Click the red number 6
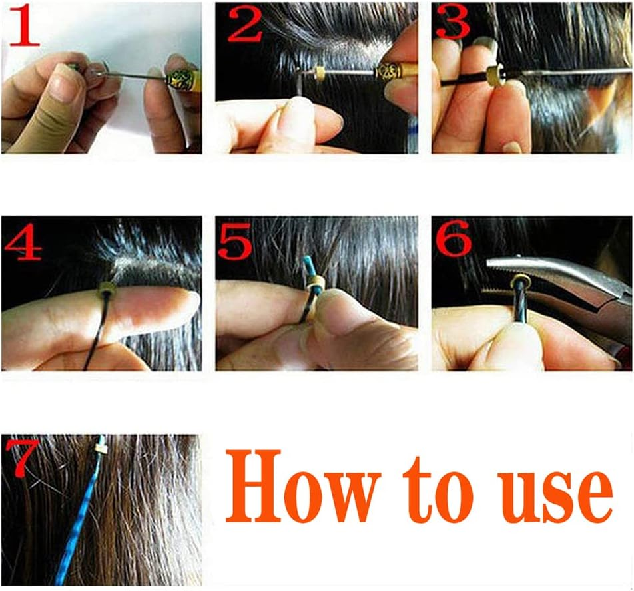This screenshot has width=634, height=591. [x=453, y=240]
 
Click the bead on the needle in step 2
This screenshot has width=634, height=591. [x=320, y=71]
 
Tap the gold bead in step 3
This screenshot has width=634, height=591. [x=495, y=76]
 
